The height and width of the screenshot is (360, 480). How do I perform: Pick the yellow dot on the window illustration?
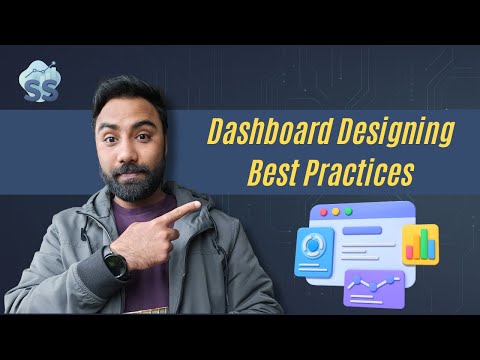coord(336,212)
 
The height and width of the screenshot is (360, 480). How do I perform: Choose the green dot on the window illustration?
coord(349,212)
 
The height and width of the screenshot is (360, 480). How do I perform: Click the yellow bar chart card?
coord(421,244)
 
